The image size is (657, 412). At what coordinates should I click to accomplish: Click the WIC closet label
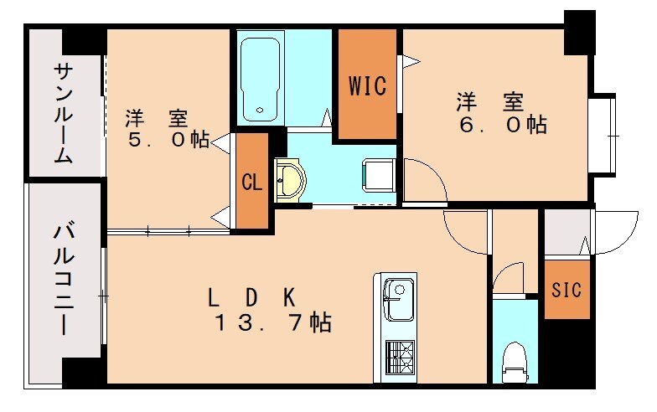click(366, 86)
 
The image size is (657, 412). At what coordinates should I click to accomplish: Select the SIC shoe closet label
click(566, 290)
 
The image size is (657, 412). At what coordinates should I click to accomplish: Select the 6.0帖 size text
click(502, 125)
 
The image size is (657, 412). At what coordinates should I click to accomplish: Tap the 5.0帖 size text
click(168, 139)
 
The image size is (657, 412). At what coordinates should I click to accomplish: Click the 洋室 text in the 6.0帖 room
click(490, 102)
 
